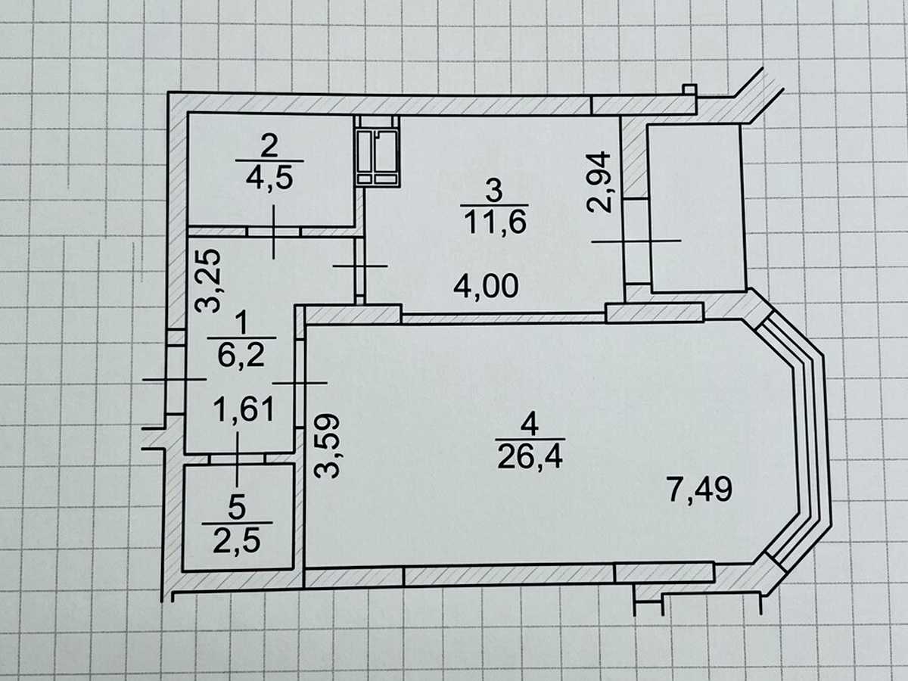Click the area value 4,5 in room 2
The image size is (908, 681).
tap(269, 179)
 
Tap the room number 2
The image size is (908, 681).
tap(269, 145)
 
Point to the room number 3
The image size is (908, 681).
tap(494, 190)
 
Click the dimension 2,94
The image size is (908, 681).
tap(599, 182)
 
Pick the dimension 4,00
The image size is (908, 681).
tap(486, 286)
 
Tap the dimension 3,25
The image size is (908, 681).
tap(207, 281)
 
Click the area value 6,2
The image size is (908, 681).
tap(241, 355)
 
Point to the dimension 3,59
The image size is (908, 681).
tap(327, 446)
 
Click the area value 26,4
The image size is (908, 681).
tap(530, 456)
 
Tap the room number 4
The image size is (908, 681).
tap(530, 424)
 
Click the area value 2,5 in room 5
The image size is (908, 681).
tap(237, 541)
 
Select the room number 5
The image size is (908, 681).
tap(237, 508)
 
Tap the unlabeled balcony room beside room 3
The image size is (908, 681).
tap(696, 208)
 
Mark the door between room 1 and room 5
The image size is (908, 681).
tap(237, 459)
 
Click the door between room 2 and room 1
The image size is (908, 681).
tap(273, 232)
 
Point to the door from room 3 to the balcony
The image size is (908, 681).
tap(636, 241)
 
